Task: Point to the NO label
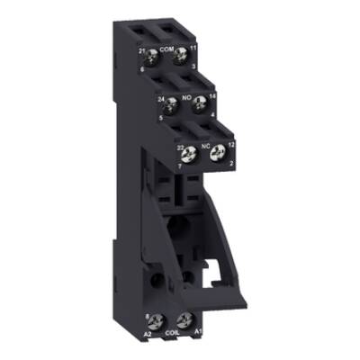(x=187, y=94)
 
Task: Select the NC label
(x=204, y=143)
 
